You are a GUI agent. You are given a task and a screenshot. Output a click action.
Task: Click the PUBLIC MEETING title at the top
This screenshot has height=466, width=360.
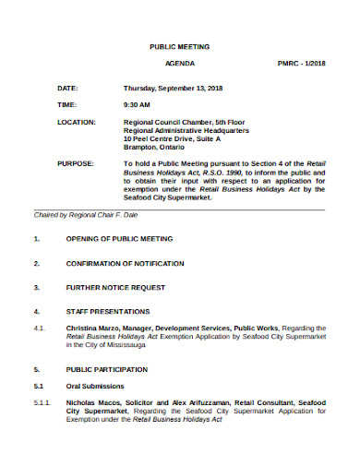pyautogui.click(x=179, y=45)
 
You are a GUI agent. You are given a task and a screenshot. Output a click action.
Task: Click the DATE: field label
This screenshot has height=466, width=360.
pyautogui.click(x=67, y=88)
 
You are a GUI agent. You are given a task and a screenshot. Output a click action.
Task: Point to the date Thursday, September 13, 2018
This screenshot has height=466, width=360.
pyautogui.click(x=174, y=88)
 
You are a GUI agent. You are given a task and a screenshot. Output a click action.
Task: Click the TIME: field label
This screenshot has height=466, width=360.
pyautogui.click(x=67, y=105)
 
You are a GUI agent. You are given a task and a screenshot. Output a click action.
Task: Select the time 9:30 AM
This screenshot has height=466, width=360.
pyautogui.click(x=137, y=105)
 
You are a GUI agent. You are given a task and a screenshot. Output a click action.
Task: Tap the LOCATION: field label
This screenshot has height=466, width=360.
pyautogui.click(x=76, y=122)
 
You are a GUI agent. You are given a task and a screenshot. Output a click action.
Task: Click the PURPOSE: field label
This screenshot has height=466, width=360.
pyautogui.click(x=75, y=163)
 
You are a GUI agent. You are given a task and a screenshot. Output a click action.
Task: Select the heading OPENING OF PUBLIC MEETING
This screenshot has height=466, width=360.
pyautogui.click(x=119, y=239)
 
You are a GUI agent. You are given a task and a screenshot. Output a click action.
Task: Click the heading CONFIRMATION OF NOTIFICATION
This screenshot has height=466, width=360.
pyautogui.click(x=126, y=263)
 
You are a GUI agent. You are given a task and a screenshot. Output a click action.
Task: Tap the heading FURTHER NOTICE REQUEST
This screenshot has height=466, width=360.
pyautogui.click(x=114, y=287)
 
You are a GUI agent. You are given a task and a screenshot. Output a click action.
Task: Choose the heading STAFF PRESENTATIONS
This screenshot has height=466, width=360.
pyautogui.click(x=107, y=311)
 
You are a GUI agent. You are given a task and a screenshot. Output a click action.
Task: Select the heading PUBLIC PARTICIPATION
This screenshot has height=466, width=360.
pyautogui.click(x=109, y=368)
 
